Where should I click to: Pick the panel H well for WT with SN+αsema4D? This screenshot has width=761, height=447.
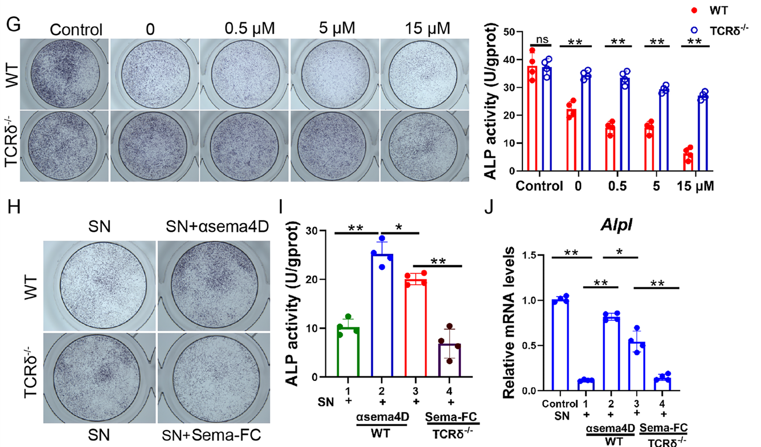[212, 285]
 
